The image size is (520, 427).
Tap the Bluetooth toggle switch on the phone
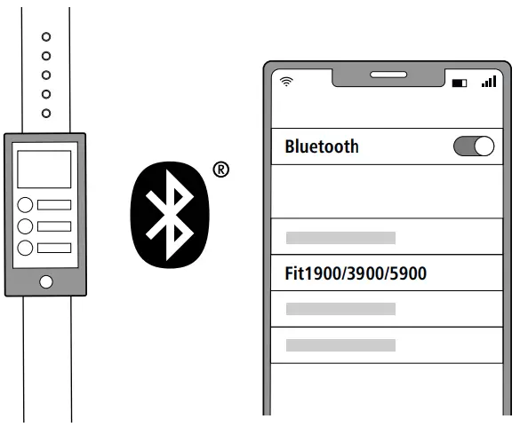[474, 146]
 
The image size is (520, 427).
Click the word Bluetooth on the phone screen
[322, 146]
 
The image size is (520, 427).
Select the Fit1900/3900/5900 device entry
[356, 273]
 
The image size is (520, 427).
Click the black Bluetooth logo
[170, 215]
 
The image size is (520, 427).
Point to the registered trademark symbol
[220, 170]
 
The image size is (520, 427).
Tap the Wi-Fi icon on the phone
[286, 82]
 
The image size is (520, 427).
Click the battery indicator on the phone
[460, 83]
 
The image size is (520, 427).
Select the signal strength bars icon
[489, 82]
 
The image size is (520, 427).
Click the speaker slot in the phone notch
[388, 75]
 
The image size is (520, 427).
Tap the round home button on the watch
[45, 282]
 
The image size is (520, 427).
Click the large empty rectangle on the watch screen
[44, 170]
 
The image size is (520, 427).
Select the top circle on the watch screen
[25, 205]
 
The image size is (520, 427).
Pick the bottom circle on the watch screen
[25, 248]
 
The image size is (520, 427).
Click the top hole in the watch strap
[46, 36]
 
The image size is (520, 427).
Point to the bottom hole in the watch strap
[46, 114]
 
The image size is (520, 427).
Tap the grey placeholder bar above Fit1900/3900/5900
[340, 238]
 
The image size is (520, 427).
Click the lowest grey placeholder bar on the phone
[340, 345]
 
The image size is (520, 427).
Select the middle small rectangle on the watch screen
[54, 226]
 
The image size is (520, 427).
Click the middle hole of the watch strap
[46, 75]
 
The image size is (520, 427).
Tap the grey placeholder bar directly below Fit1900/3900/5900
[340, 309]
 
